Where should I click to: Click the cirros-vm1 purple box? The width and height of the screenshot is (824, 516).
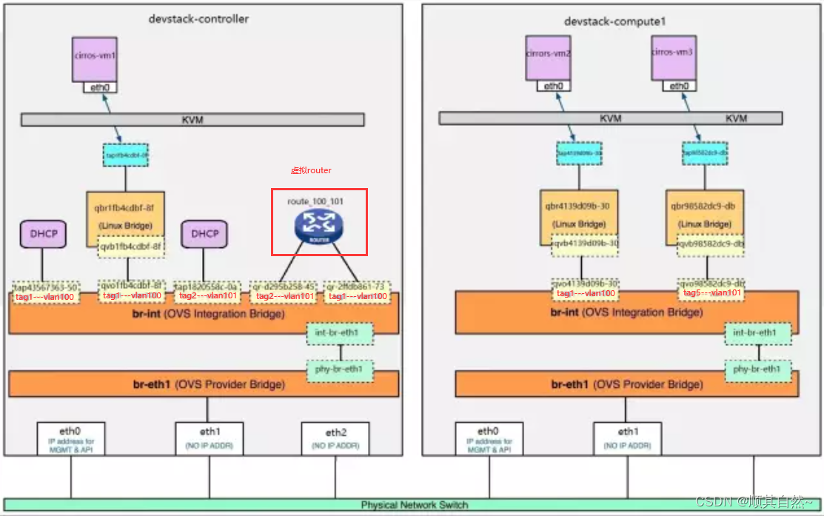[x=95, y=58]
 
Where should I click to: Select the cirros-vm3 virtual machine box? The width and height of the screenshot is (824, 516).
[x=674, y=58]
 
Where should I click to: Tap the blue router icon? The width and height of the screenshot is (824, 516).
[x=319, y=225]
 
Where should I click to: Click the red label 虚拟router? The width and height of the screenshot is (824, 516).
[x=311, y=170]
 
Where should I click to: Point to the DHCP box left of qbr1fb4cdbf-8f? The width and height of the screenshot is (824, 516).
[x=42, y=234]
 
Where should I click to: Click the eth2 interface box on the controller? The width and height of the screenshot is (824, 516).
[x=335, y=438]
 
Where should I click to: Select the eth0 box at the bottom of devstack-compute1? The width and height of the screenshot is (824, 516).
[x=488, y=438]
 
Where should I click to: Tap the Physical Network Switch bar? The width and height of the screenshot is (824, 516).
[x=414, y=505]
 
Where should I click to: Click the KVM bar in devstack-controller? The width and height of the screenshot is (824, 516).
[x=192, y=119]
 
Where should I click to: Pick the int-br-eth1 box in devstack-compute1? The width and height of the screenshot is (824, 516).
[x=757, y=333]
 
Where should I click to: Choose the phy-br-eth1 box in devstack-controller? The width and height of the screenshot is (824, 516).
[x=341, y=369]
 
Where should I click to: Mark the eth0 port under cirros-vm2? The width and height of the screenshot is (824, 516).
[x=553, y=87]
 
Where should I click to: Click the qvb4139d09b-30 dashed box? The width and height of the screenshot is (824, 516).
[x=585, y=244]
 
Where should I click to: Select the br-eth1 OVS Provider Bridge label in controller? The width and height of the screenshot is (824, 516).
[x=204, y=384]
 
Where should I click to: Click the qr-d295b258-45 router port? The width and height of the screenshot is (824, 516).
[x=284, y=287]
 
